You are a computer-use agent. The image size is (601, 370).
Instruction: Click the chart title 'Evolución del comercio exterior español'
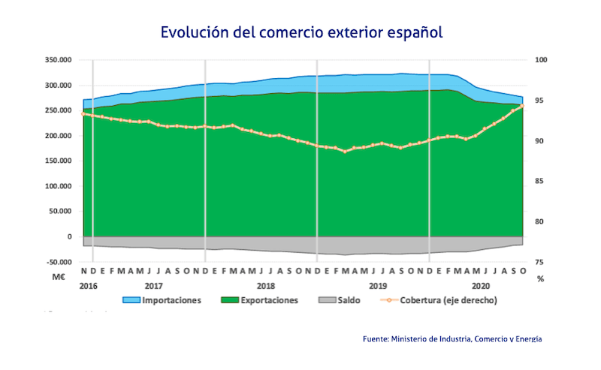click(x=300, y=33)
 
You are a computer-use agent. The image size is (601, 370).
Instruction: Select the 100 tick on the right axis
click(x=540, y=60)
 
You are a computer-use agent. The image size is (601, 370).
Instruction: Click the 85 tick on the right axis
click(x=540, y=182)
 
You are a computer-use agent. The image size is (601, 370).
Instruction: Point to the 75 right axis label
click(x=540, y=263)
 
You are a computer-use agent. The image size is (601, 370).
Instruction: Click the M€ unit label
click(x=60, y=277)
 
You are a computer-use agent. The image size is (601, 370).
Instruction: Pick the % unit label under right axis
click(x=540, y=278)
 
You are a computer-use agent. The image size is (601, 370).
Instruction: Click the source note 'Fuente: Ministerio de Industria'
click(x=452, y=339)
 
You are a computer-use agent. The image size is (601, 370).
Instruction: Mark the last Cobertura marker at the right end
click(x=522, y=107)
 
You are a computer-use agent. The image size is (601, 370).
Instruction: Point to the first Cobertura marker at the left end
click(x=83, y=113)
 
